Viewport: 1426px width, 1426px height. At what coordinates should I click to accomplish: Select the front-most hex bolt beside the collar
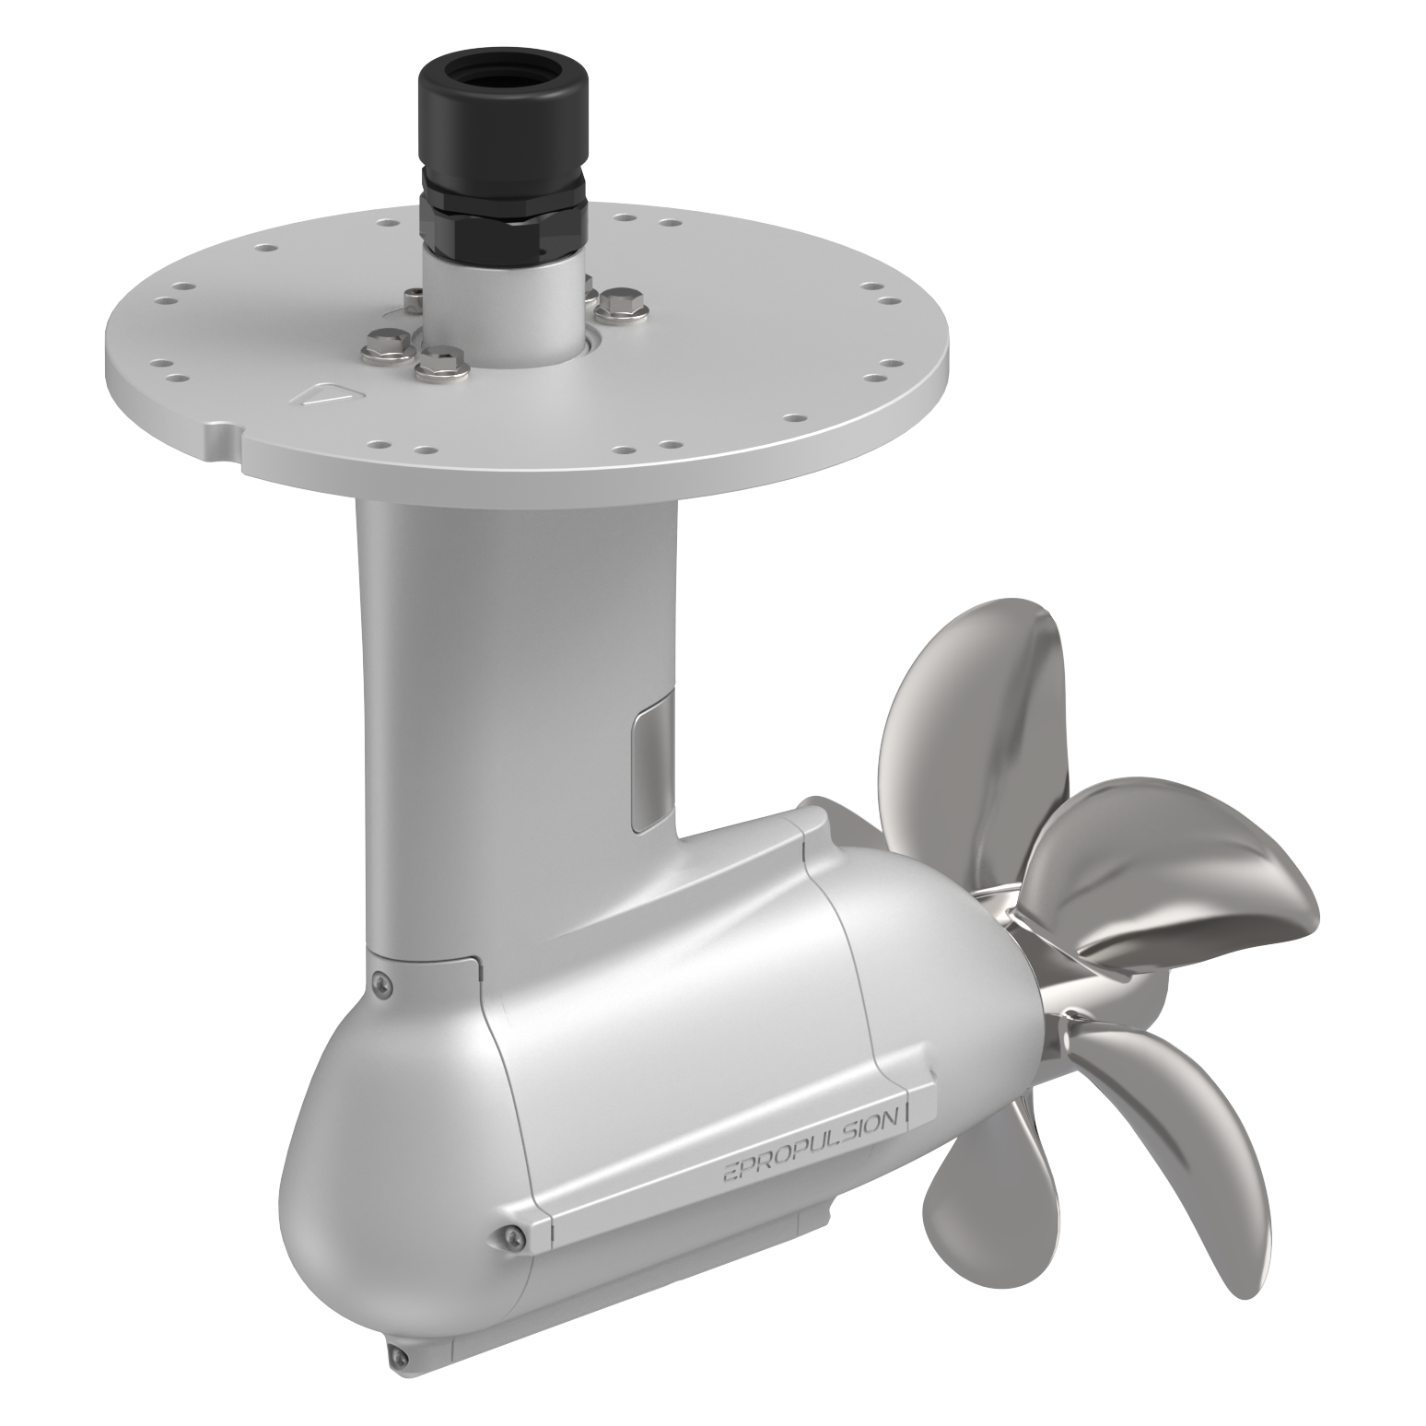pyautogui.click(x=441, y=365)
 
